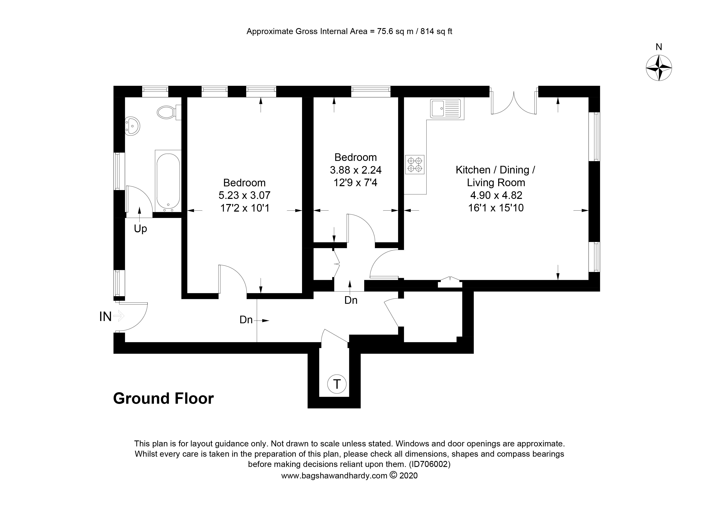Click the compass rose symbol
659,68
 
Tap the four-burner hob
414,165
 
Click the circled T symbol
337,384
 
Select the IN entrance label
105,316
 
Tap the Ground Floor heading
163,399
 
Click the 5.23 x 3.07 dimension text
244,195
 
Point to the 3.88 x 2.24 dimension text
356,170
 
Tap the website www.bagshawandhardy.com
334,476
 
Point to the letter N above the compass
659,47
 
